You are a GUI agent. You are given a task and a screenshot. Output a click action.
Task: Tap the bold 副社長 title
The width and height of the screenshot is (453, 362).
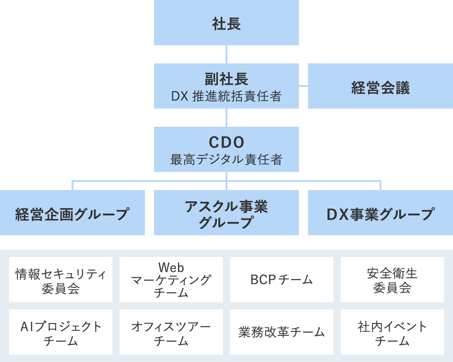226,79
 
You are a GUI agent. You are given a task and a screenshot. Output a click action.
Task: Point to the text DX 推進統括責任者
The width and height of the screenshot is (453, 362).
226,96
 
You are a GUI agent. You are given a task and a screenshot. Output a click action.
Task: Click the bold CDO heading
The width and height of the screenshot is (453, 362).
226,143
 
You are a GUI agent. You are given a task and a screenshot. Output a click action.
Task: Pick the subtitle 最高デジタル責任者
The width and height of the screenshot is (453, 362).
226,159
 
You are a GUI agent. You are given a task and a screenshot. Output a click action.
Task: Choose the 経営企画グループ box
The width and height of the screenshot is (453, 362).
72,213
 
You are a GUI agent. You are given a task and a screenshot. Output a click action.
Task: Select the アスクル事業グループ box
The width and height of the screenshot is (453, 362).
226,213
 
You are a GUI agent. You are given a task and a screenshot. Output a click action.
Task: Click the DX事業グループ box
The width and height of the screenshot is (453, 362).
381,213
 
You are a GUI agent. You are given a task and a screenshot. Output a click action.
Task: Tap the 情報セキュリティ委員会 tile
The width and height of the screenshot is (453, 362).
61,280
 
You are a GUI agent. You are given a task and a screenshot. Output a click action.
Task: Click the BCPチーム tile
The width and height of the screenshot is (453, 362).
282,280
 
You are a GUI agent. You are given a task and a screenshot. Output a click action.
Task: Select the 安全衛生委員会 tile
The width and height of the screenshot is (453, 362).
392,280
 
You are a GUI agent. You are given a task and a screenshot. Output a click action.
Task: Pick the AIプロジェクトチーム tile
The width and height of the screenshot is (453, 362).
61,333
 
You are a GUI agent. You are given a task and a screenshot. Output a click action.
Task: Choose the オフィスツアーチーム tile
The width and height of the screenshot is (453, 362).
171,333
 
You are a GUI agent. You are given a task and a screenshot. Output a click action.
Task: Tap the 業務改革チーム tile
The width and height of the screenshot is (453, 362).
282,333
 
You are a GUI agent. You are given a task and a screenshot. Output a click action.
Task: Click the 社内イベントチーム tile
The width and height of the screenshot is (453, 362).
392,333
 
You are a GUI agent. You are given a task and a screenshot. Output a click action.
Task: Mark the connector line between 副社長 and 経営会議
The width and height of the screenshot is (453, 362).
304,86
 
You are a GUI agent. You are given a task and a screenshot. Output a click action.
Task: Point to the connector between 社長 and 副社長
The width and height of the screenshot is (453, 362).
226,54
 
